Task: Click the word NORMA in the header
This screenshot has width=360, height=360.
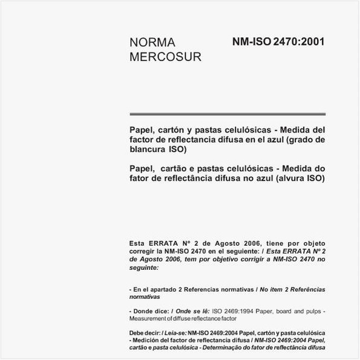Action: pos(152,43)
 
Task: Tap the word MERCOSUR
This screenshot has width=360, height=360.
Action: pos(165,57)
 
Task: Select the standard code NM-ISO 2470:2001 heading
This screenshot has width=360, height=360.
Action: pos(278,42)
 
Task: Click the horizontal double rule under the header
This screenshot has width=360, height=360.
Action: pos(227,113)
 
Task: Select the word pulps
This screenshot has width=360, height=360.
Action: pos(313,311)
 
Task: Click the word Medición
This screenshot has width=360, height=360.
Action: pos(148,341)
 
